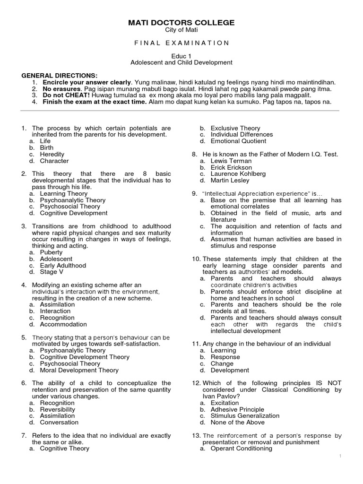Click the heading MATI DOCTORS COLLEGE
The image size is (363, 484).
181,23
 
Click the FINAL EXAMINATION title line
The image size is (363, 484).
181,43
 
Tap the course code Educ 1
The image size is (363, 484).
181,56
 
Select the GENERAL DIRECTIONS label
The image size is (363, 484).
60,76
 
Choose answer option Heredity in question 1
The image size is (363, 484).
52,154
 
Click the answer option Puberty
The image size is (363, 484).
51,252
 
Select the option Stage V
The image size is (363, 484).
52,272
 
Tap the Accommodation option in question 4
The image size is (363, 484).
63,324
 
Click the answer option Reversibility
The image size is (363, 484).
57,409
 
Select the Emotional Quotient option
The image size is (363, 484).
238,141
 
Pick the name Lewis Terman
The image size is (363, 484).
231,161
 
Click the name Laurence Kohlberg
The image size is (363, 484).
238,173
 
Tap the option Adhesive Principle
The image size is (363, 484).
244,409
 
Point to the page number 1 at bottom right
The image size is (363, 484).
340,455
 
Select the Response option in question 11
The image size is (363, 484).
225,357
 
